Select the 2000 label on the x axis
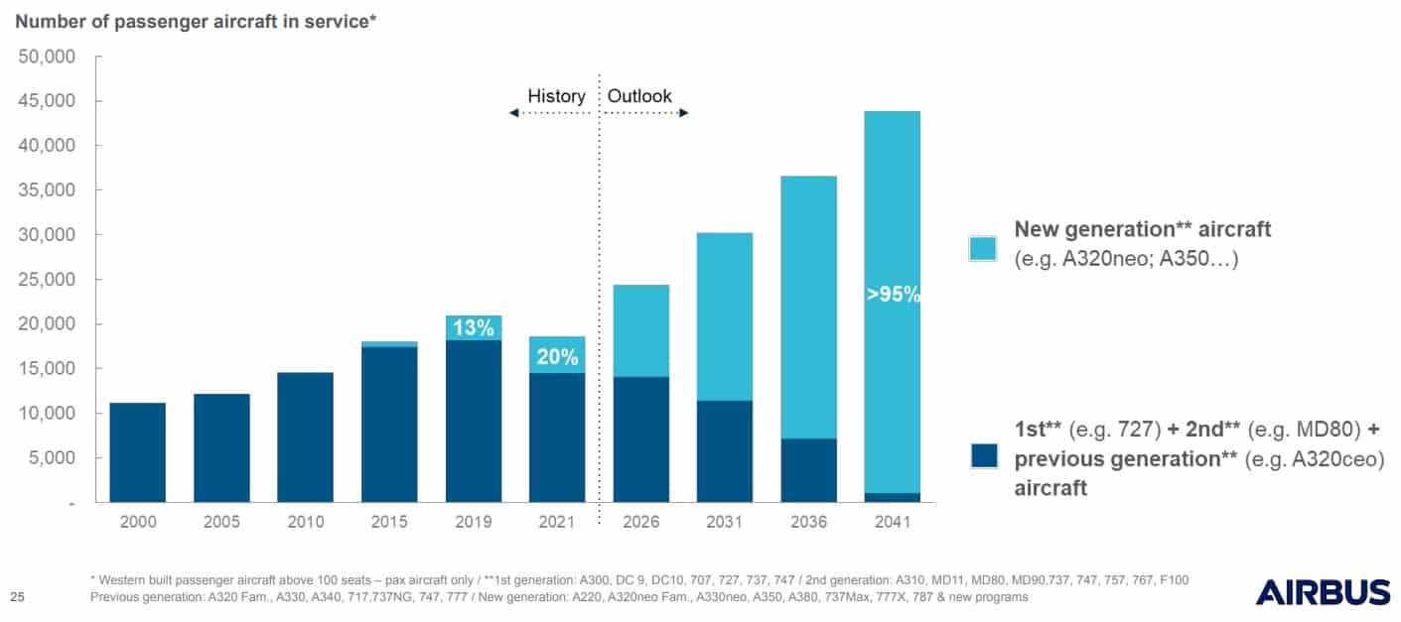point(137,522)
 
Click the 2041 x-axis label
point(893,522)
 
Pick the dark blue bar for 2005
point(221,447)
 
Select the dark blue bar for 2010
point(305,436)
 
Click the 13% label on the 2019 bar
point(474,328)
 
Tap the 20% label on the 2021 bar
point(557,358)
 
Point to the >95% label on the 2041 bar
point(893,294)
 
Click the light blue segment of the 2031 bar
point(725,316)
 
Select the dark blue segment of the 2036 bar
point(808,469)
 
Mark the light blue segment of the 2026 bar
point(641,330)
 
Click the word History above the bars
point(556,96)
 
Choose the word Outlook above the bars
point(639,96)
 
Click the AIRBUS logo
point(1323,592)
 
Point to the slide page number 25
point(17,596)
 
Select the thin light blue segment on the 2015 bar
point(389,344)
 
